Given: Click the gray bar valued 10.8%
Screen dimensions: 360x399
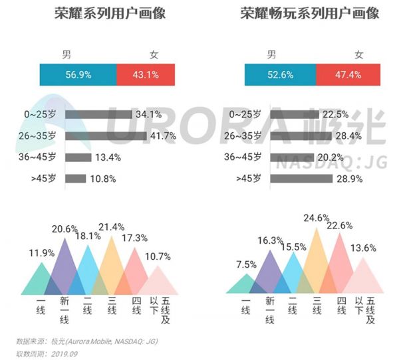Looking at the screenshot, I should (75, 179).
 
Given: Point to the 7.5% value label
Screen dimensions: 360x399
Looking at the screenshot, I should (246, 264).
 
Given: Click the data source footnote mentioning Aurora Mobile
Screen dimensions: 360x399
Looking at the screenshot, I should (86, 341).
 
